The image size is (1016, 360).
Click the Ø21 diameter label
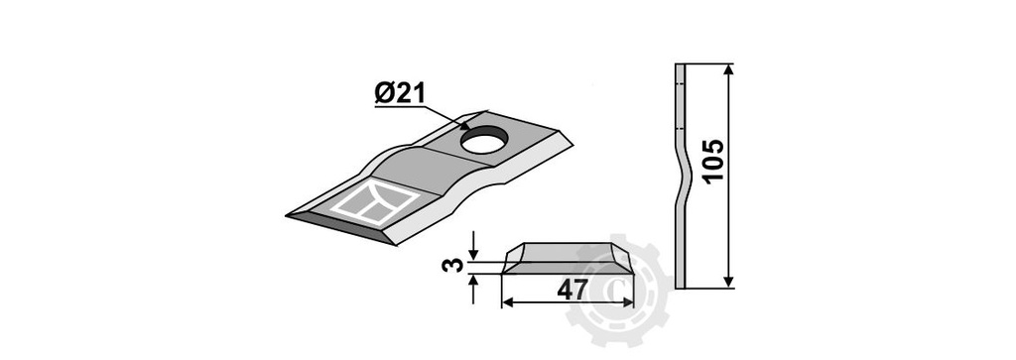click(399, 94)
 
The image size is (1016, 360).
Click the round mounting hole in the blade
click(483, 141)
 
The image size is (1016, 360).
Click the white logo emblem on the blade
click(375, 202)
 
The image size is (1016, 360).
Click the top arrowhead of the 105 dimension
click(729, 70)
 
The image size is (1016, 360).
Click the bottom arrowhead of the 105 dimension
click(729, 281)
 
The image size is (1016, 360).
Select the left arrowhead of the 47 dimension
click(509, 302)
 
